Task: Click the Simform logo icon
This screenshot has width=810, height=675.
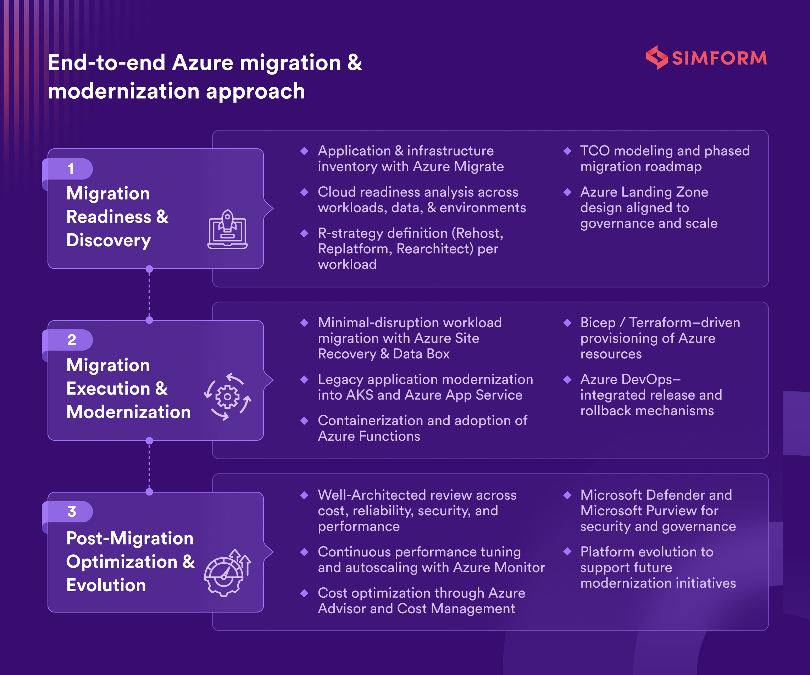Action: [x=656, y=57]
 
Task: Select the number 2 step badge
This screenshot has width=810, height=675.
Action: [x=71, y=340]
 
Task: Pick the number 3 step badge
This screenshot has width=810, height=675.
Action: [x=71, y=511]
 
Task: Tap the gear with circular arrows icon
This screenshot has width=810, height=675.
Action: [x=228, y=396]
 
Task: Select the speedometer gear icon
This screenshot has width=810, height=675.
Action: [x=227, y=573]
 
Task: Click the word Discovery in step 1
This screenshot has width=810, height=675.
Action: [x=109, y=240]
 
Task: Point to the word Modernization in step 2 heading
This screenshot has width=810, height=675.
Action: [x=128, y=412]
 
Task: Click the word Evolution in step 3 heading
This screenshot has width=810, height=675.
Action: [x=106, y=585]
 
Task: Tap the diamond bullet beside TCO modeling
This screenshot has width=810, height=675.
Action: [x=567, y=151]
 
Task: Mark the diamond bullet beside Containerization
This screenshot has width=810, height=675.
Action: [x=304, y=421]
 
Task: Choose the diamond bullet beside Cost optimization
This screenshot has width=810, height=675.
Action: [x=304, y=593]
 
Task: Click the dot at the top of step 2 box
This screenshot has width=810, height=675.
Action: [x=149, y=320]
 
